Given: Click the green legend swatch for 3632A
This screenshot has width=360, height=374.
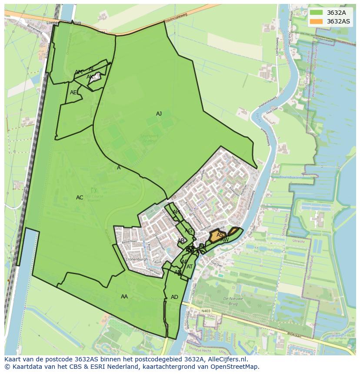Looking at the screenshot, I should (x=317, y=13).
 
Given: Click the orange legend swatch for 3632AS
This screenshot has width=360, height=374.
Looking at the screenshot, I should (x=317, y=21).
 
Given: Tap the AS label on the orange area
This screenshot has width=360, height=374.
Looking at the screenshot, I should (x=220, y=235).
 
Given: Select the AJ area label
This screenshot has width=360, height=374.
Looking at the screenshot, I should (x=159, y=114).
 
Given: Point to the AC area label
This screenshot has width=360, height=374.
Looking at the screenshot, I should (x=80, y=198).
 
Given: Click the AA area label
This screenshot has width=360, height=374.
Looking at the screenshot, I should (x=124, y=297).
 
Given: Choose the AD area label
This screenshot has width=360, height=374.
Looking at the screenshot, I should (x=174, y=297).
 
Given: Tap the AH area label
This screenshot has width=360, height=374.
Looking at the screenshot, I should (x=176, y=212).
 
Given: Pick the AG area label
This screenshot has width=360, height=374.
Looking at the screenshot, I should (x=188, y=231).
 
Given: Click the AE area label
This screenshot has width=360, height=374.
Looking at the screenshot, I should (x=73, y=93).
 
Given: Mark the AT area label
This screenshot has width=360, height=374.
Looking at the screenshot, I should (x=190, y=267).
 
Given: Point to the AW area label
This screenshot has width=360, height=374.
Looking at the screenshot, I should (x=224, y=240).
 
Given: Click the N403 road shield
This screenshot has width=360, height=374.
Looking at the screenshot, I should (x=205, y=311).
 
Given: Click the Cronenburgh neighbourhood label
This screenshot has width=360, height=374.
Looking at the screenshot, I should (x=137, y=259).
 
